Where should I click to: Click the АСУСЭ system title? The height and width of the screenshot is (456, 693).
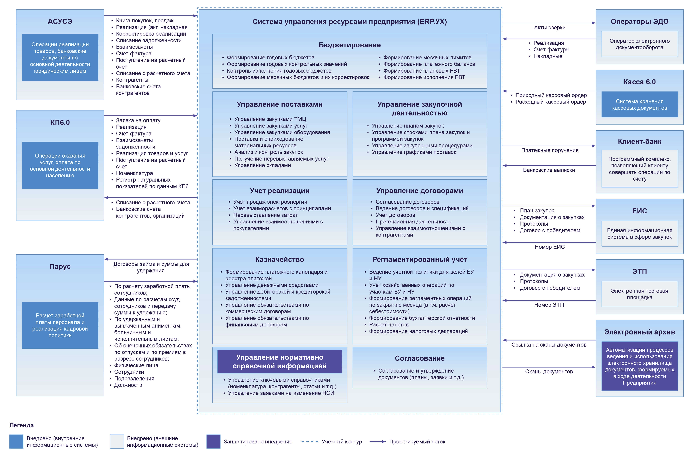(60, 21)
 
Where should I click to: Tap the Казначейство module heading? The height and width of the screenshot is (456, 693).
(280, 259)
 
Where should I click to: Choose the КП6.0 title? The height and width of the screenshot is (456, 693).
(60, 122)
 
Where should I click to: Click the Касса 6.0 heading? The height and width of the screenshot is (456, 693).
(639, 82)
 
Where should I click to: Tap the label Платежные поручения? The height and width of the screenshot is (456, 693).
(550, 150)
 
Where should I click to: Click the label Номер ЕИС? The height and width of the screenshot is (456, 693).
(550, 247)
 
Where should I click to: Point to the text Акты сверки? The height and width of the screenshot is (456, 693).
(550, 27)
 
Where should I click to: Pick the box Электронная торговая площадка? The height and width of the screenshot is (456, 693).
(639, 294)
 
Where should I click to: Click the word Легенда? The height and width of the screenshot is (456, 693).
(22, 425)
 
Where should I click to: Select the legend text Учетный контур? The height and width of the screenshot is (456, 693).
(341, 441)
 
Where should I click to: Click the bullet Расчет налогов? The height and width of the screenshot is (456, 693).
(389, 325)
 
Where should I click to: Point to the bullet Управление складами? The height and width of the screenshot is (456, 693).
(262, 165)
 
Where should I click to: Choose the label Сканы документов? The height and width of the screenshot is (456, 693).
(549, 371)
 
